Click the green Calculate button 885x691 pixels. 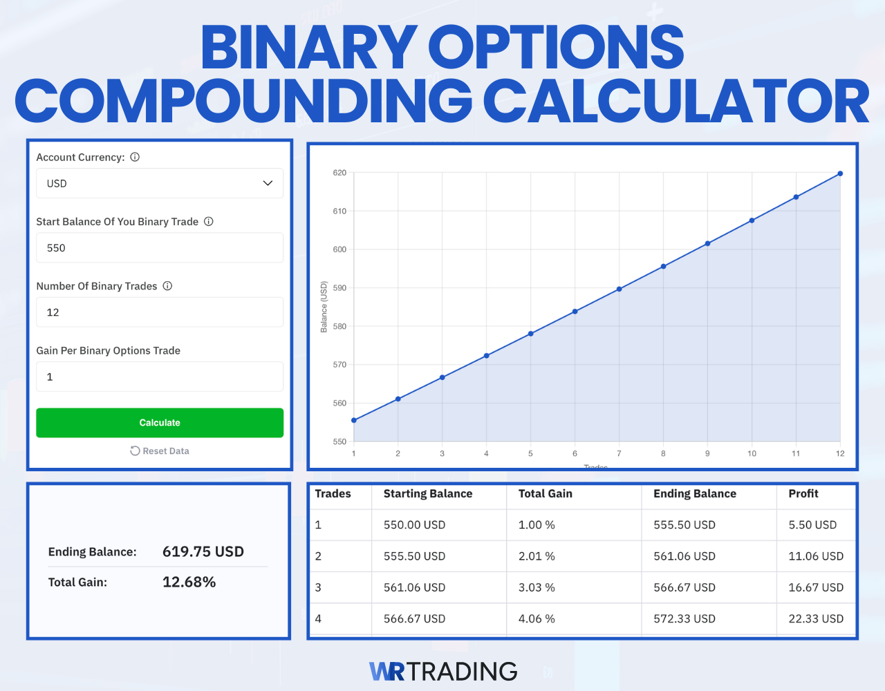(x=160, y=422)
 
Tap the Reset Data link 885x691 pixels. (x=160, y=451)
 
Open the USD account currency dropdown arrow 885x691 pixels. (x=268, y=183)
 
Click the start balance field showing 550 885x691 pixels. (x=160, y=248)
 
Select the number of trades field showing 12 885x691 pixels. (x=160, y=312)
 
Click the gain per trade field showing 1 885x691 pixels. (x=160, y=377)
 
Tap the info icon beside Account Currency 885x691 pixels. (x=135, y=157)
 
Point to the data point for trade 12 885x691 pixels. (x=840, y=173)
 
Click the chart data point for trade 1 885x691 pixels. (x=354, y=420)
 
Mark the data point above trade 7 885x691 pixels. (x=619, y=289)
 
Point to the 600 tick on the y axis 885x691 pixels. (x=339, y=249)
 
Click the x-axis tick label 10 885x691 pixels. (x=752, y=454)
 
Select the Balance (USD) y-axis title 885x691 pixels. (x=324, y=307)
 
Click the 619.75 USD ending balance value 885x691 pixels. (x=203, y=551)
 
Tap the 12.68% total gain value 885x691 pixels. (x=189, y=582)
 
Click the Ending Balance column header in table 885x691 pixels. (x=694, y=493)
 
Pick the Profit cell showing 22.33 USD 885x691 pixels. (x=816, y=618)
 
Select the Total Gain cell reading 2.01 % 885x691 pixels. (x=537, y=556)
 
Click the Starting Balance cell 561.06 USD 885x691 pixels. (x=414, y=587)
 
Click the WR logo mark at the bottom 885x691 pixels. (x=387, y=671)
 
